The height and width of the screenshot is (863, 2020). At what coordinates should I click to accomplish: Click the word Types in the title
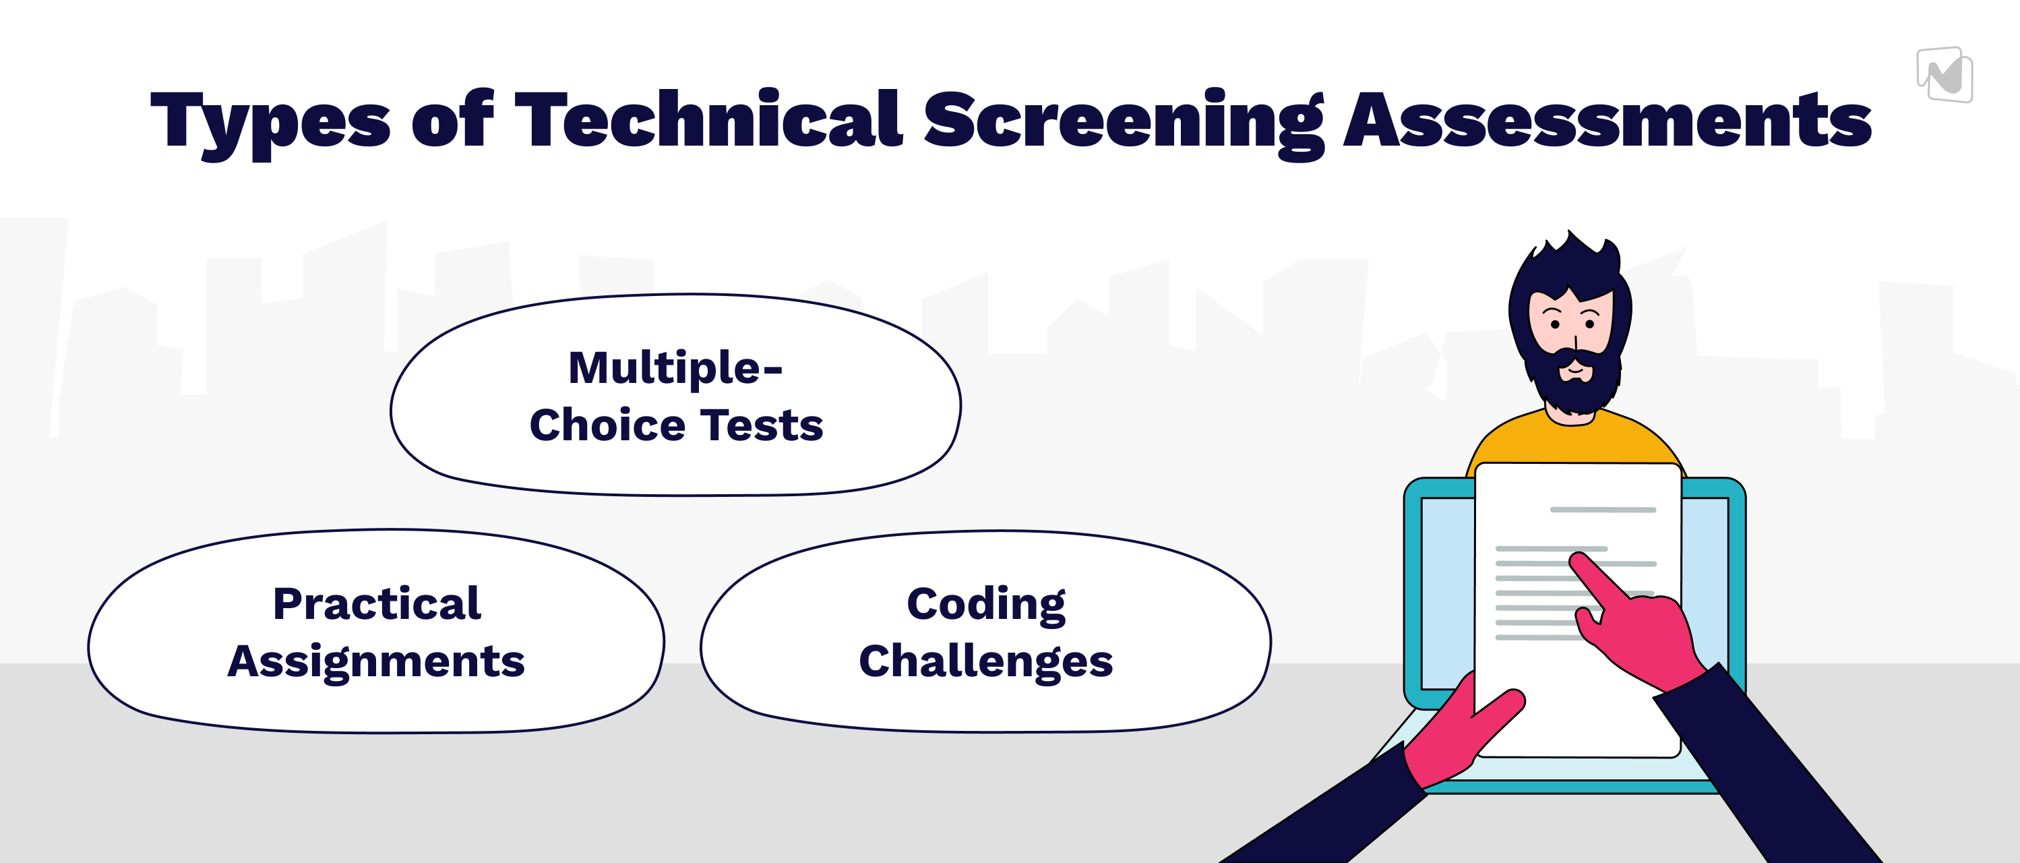coord(270,121)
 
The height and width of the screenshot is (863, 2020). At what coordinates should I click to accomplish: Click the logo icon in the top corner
coord(1945,76)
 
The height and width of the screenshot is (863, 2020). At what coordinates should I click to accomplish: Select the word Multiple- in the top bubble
coord(675,368)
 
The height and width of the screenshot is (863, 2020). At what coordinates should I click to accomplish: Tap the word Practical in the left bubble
coord(376,603)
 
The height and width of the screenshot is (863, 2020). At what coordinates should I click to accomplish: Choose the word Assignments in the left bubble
coord(375,661)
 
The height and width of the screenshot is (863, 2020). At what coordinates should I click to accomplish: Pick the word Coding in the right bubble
coord(985,604)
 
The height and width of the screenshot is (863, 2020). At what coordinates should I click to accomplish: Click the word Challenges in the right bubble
coord(985,661)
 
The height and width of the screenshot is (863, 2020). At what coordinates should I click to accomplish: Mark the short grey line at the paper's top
coord(1603,510)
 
